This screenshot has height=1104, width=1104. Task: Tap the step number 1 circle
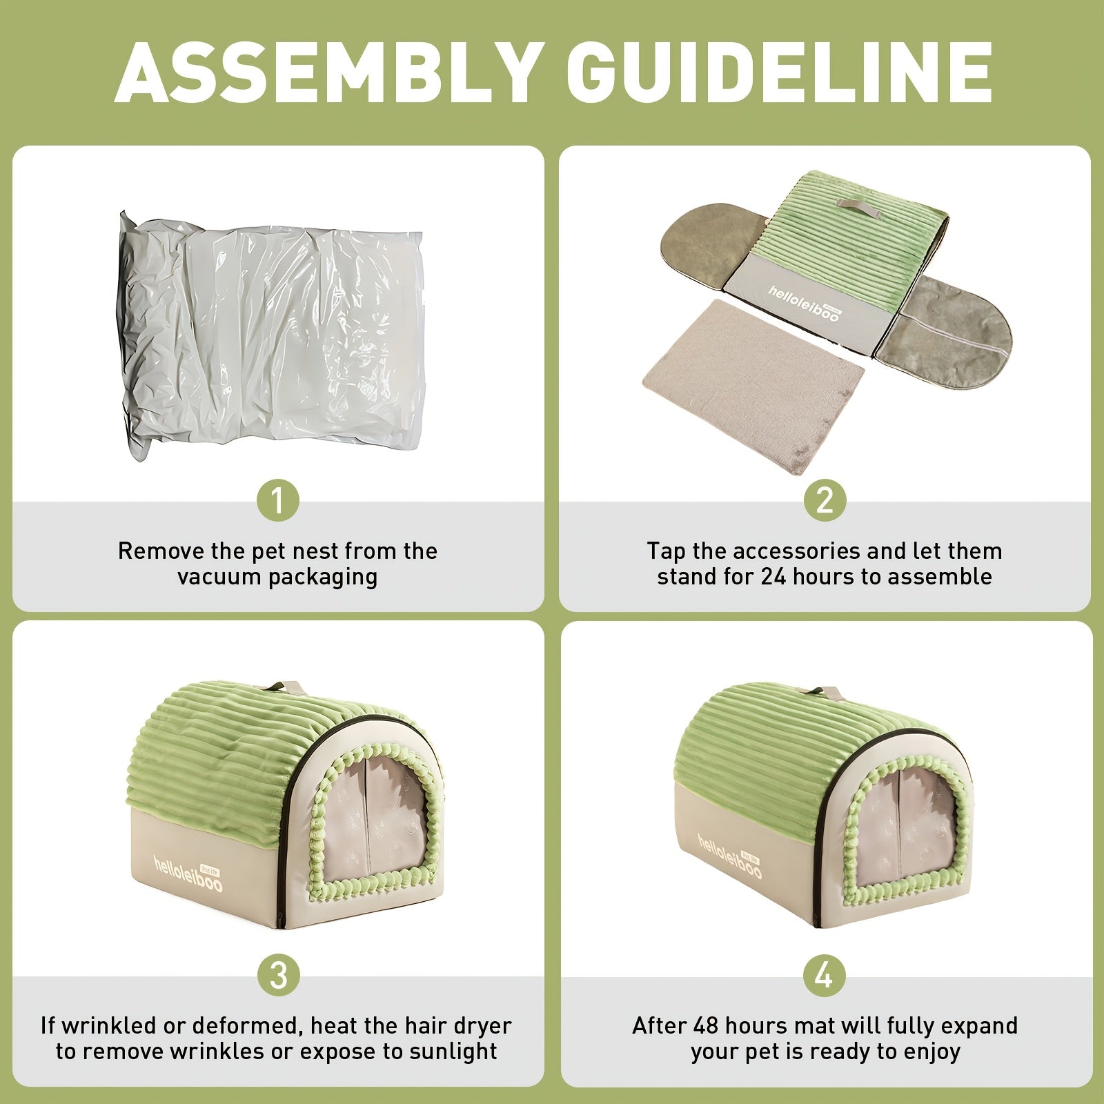tap(278, 500)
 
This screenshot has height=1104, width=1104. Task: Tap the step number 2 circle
tap(825, 500)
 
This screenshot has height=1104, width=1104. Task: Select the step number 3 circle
tap(278, 976)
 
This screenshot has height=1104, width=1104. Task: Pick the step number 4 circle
tap(825, 976)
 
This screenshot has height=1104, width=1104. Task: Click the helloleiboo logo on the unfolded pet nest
tap(804, 304)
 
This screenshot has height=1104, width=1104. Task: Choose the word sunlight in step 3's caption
tap(451, 1052)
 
